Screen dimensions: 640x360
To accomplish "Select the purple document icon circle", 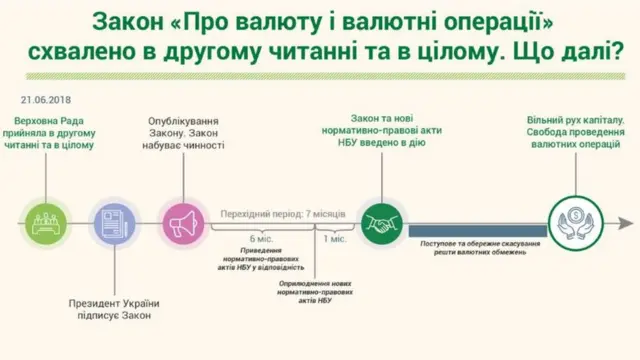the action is pyautogui.click(x=109, y=219).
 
